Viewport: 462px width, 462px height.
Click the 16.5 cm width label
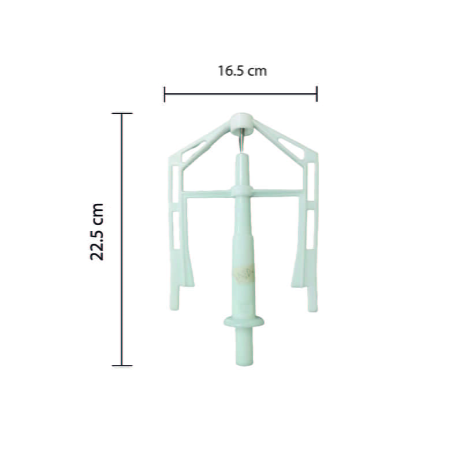(242, 71)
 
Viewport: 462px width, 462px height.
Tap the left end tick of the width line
(165, 94)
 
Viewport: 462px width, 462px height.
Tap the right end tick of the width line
(316, 94)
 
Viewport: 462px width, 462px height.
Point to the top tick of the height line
(121, 113)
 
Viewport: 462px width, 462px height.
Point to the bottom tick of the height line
(121, 365)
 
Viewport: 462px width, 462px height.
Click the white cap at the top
(241, 121)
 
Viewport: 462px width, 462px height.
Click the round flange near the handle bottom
(244, 321)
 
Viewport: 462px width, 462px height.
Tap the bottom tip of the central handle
(244, 362)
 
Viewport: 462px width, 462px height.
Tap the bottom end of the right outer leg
(312, 306)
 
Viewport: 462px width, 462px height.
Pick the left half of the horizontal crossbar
(208, 193)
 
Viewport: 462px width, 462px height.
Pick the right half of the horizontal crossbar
(276, 192)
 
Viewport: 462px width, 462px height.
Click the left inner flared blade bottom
(188, 281)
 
